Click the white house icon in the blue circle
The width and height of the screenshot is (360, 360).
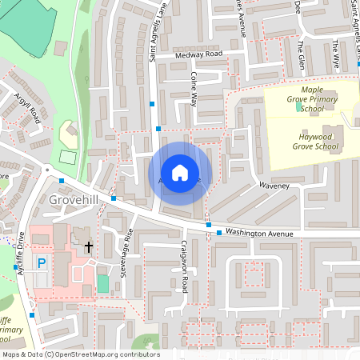[180, 172]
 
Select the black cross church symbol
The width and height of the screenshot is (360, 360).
[88, 247]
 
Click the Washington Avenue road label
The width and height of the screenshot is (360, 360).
[261, 232]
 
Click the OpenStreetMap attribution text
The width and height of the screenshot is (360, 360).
[80, 354]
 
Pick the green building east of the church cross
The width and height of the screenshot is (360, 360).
[102, 282]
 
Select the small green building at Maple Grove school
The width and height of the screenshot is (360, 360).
[299, 106]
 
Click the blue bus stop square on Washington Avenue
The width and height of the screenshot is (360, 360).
[219, 232]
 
